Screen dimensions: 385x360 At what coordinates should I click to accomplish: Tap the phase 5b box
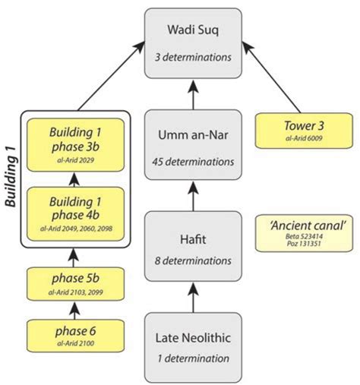point(74,284)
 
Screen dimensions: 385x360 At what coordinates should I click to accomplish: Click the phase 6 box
point(74,336)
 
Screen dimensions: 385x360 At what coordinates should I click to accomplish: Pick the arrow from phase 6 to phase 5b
point(74,310)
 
